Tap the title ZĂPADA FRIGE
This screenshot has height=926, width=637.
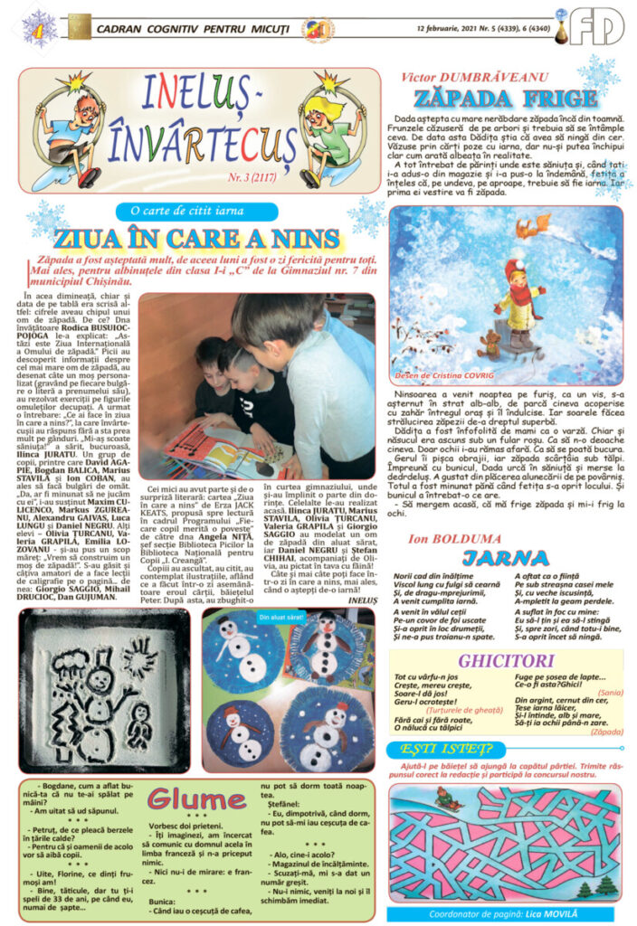coord(505,99)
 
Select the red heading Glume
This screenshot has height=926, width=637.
coord(196,799)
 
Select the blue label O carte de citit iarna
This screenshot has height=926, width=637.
coord(195,211)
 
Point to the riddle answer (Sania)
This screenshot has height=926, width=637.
coord(610,692)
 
